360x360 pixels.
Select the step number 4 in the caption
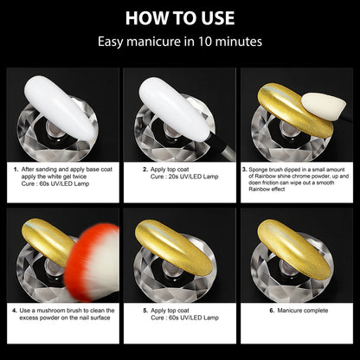pyautogui.click(x=16, y=309)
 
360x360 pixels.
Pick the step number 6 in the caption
pyautogui.click(x=271, y=309)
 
